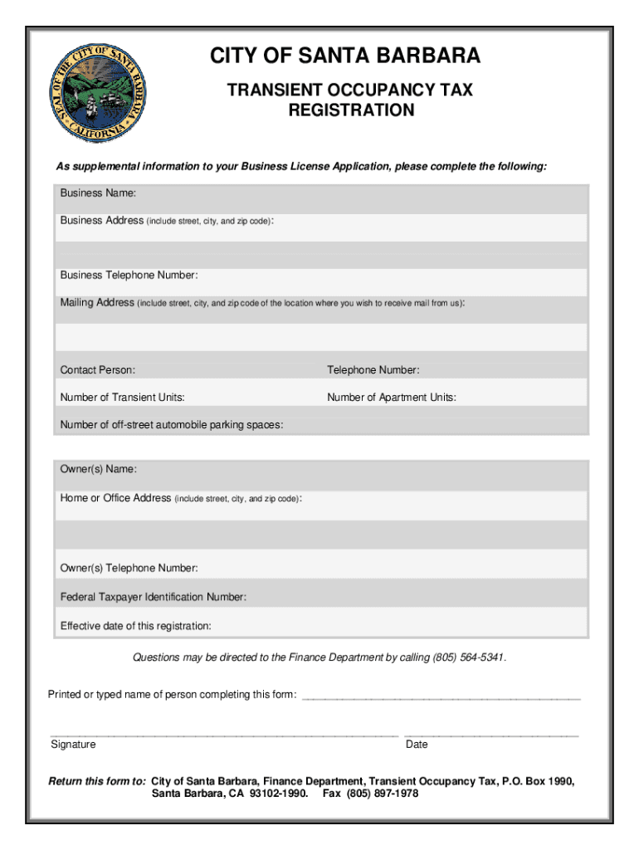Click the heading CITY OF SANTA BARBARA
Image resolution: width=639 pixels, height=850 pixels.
(x=344, y=56)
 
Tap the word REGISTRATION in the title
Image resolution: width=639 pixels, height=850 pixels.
(x=351, y=110)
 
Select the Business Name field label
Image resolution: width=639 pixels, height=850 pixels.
(x=97, y=193)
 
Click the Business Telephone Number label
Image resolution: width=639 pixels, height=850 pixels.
(x=129, y=275)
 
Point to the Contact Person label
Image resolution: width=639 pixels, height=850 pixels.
(x=97, y=370)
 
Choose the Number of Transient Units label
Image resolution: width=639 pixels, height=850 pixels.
(x=122, y=398)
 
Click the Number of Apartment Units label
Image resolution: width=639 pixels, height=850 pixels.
(x=391, y=398)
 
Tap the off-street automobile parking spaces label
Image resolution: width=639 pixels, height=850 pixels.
(x=171, y=425)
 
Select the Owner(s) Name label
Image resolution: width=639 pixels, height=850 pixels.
(x=98, y=470)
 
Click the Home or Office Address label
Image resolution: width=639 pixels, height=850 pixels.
(x=115, y=498)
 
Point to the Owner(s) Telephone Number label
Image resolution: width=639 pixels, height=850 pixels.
(x=129, y=569)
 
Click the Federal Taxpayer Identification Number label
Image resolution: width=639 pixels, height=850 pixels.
(x=153, y=597)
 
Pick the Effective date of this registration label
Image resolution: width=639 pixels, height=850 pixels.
(x=135, y=626)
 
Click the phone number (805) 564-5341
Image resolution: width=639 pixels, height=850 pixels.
(x=467, y=658)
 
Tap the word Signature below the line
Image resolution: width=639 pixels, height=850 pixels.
(x=73, y=745)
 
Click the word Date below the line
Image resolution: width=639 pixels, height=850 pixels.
(x=417, y=745)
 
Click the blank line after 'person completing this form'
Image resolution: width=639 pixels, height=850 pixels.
(x=441, y=696)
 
